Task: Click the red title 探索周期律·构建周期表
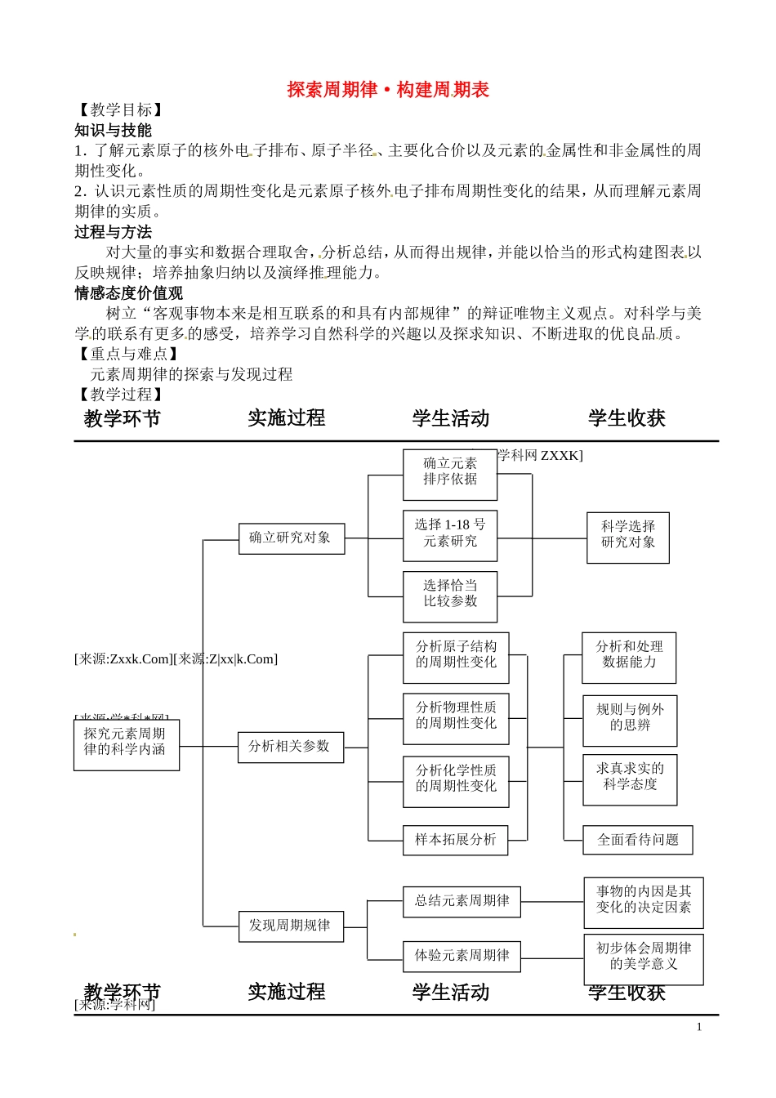pos(388,90)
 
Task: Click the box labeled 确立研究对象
pos(291,538)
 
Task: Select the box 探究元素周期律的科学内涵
pos(126,743)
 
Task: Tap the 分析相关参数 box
pos(290,747)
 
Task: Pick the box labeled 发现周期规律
pos(291,926)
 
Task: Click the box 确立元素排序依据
pos(450,474)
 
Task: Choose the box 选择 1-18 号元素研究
pos(450,535)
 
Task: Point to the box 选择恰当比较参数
pos(450,596)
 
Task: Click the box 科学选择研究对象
pos(628,537)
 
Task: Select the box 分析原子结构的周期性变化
pos(456,657)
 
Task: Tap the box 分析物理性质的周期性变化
pos(456,718)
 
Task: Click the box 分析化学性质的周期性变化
pos(456,781)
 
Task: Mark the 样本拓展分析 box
pos(455,840)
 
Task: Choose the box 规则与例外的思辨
pos(630,720)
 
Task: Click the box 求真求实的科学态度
pos(630,779)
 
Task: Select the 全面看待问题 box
pos(638,840)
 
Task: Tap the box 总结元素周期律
pos(462,901)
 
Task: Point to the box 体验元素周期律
pos(462,956)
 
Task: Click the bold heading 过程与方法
pos(114,232)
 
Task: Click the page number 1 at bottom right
pos(699,1028)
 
